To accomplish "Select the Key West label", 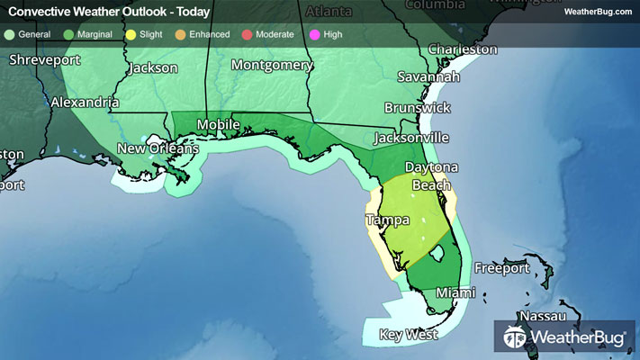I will click(408, 334).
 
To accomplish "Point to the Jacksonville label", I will click(411, 138).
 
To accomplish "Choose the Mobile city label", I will click(219, 124).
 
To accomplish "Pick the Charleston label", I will click(462, 49).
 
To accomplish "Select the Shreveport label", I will click(45, 60).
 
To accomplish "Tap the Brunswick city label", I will click(417, 107).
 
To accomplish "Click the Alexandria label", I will click(84, 103).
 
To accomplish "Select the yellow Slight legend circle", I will click(131, 34).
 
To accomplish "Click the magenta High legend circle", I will click(313, 34).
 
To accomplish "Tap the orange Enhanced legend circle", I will click(180, 34).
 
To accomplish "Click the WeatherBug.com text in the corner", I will click(597, 11).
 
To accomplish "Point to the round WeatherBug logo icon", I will click(515, 337).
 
